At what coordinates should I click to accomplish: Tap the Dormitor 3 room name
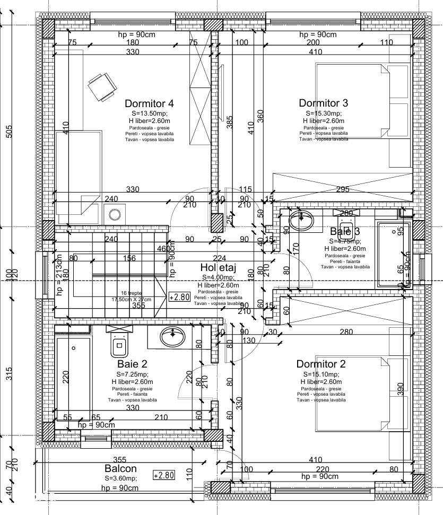tap(323, 103)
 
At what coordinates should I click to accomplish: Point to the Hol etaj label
tap(220, 268)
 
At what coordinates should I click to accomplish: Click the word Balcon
tap(120, 468)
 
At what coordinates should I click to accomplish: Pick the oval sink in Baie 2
tap(172, 336)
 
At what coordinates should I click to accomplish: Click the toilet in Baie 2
tap(118, 344)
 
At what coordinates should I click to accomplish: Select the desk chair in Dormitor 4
tap(101, 86)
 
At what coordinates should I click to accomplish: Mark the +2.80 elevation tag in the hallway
tap(179, 297)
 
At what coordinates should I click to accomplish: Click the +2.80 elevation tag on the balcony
tap(163, 475)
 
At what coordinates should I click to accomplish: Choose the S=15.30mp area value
tap(324, 114)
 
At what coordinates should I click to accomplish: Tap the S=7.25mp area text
tap(132, 374)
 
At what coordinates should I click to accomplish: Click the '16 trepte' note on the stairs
tap(131, 292)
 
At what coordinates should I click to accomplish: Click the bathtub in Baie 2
tap(73, 377)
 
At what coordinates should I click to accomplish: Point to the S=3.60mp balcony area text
tap(120, 478)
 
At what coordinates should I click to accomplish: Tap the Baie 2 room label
tap(132, 364)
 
